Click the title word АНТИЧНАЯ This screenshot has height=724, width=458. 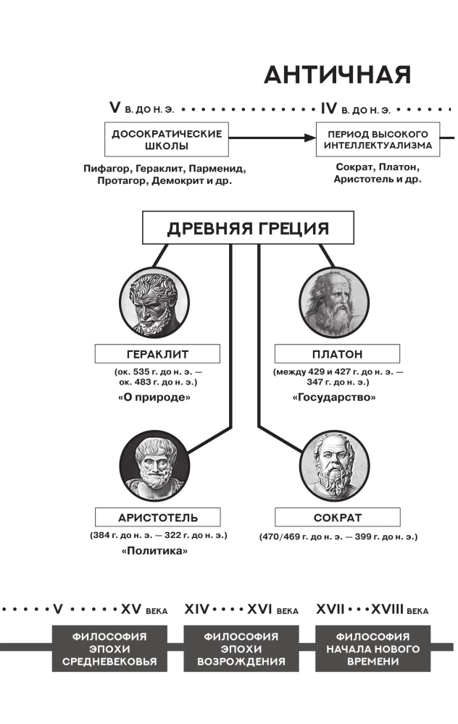pyautogui.click(x=338, y=75)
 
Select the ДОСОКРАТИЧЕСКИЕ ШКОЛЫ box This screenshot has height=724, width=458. pyautogui.click(x=167, y=140)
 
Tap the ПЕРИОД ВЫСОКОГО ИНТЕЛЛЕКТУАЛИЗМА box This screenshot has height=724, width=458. pyautogui.click(x=378, y=140)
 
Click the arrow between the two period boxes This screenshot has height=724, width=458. pyautogui.click(x=272, y=138)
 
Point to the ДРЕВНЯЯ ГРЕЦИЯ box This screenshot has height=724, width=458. pyautogui.click(x=248, y=227)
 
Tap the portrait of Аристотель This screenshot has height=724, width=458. pyautogui.click(x=154, y=466)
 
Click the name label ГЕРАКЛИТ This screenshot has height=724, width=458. pyautogui.click(x=157, y=354)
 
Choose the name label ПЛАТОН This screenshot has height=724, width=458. pyautogui.click(x=338, y=354)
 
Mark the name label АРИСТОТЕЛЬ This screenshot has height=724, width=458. pyautogui.click(x=157, y=518)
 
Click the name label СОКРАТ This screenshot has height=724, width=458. pyautogui.click(x=338, y=518)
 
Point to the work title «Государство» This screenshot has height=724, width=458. pyautogui.click(x=334, y=397)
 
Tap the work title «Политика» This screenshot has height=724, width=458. pyautogui.click(x=154, y=550)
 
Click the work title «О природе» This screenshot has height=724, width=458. pyautogui.click(x=154, y=397)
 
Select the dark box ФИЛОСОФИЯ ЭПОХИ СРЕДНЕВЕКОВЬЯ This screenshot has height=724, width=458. pyautogui.click(x=109, y=649)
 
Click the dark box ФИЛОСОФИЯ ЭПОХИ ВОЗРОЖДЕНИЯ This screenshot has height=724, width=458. pyautogui.click(x=241, y=649)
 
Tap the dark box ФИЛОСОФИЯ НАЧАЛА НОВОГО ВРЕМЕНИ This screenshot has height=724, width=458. pyautogui.click(x=373, y=649)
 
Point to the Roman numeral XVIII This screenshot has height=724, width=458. pyautogui.click(x=387, y=609)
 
